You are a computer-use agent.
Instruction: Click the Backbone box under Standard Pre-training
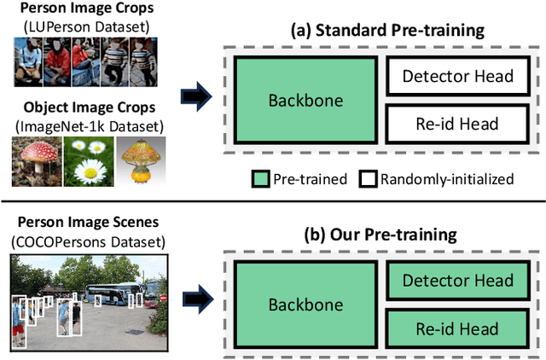click(x=305, y=101)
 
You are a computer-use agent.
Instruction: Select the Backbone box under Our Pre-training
click(x=305, y=305)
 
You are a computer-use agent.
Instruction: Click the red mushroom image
click(x=38, y=162)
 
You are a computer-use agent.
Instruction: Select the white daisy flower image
click(x=90, y=162)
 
